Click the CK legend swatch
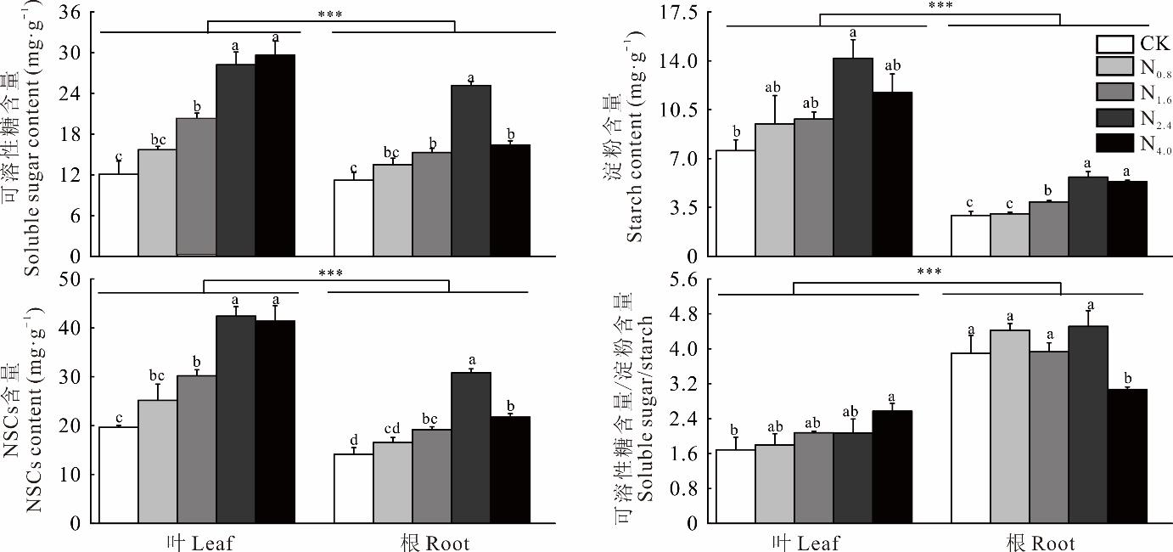pos(1114,44)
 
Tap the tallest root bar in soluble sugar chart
pos(471,170)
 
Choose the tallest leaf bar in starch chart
pos(853,157)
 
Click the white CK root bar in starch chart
pos(970,235)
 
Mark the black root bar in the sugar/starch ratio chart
pos(1127,456)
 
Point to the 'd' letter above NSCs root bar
pos(353,440)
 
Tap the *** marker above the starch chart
pos(940,6)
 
